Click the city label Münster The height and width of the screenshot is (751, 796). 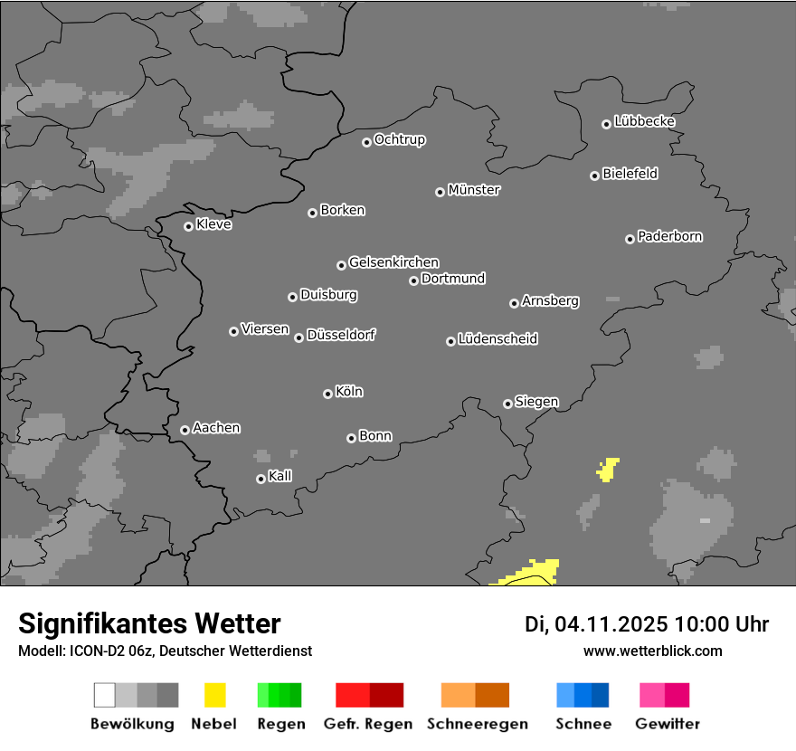pos(474,190)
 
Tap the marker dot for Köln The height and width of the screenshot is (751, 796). pos(327,394)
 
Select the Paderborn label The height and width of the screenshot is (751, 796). pos(670,237)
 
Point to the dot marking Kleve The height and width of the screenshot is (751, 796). pos(188,226)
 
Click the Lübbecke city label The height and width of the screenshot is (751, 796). pos(645,121)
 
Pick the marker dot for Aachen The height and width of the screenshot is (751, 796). pos(185,430)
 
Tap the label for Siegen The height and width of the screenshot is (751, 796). pos(536,402)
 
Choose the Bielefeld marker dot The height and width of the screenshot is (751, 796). pos(594,176)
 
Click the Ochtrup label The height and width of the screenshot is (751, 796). pos(400,140)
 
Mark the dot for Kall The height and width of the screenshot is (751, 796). pos(261,479)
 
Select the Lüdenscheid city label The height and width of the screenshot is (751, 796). pos(497,339)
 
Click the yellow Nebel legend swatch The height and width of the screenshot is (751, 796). pos(214,695)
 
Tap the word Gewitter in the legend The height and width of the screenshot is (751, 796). pos(668,724)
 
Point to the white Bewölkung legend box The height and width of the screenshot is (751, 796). pos(105,695)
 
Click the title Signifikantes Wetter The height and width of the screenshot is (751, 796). pos(149,624)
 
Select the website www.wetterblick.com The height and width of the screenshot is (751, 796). pos(653,651)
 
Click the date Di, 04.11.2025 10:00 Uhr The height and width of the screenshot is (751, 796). pos(647,624)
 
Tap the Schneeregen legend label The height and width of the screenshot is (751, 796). pos(477,724)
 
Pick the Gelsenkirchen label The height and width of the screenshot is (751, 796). pos(393,262)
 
